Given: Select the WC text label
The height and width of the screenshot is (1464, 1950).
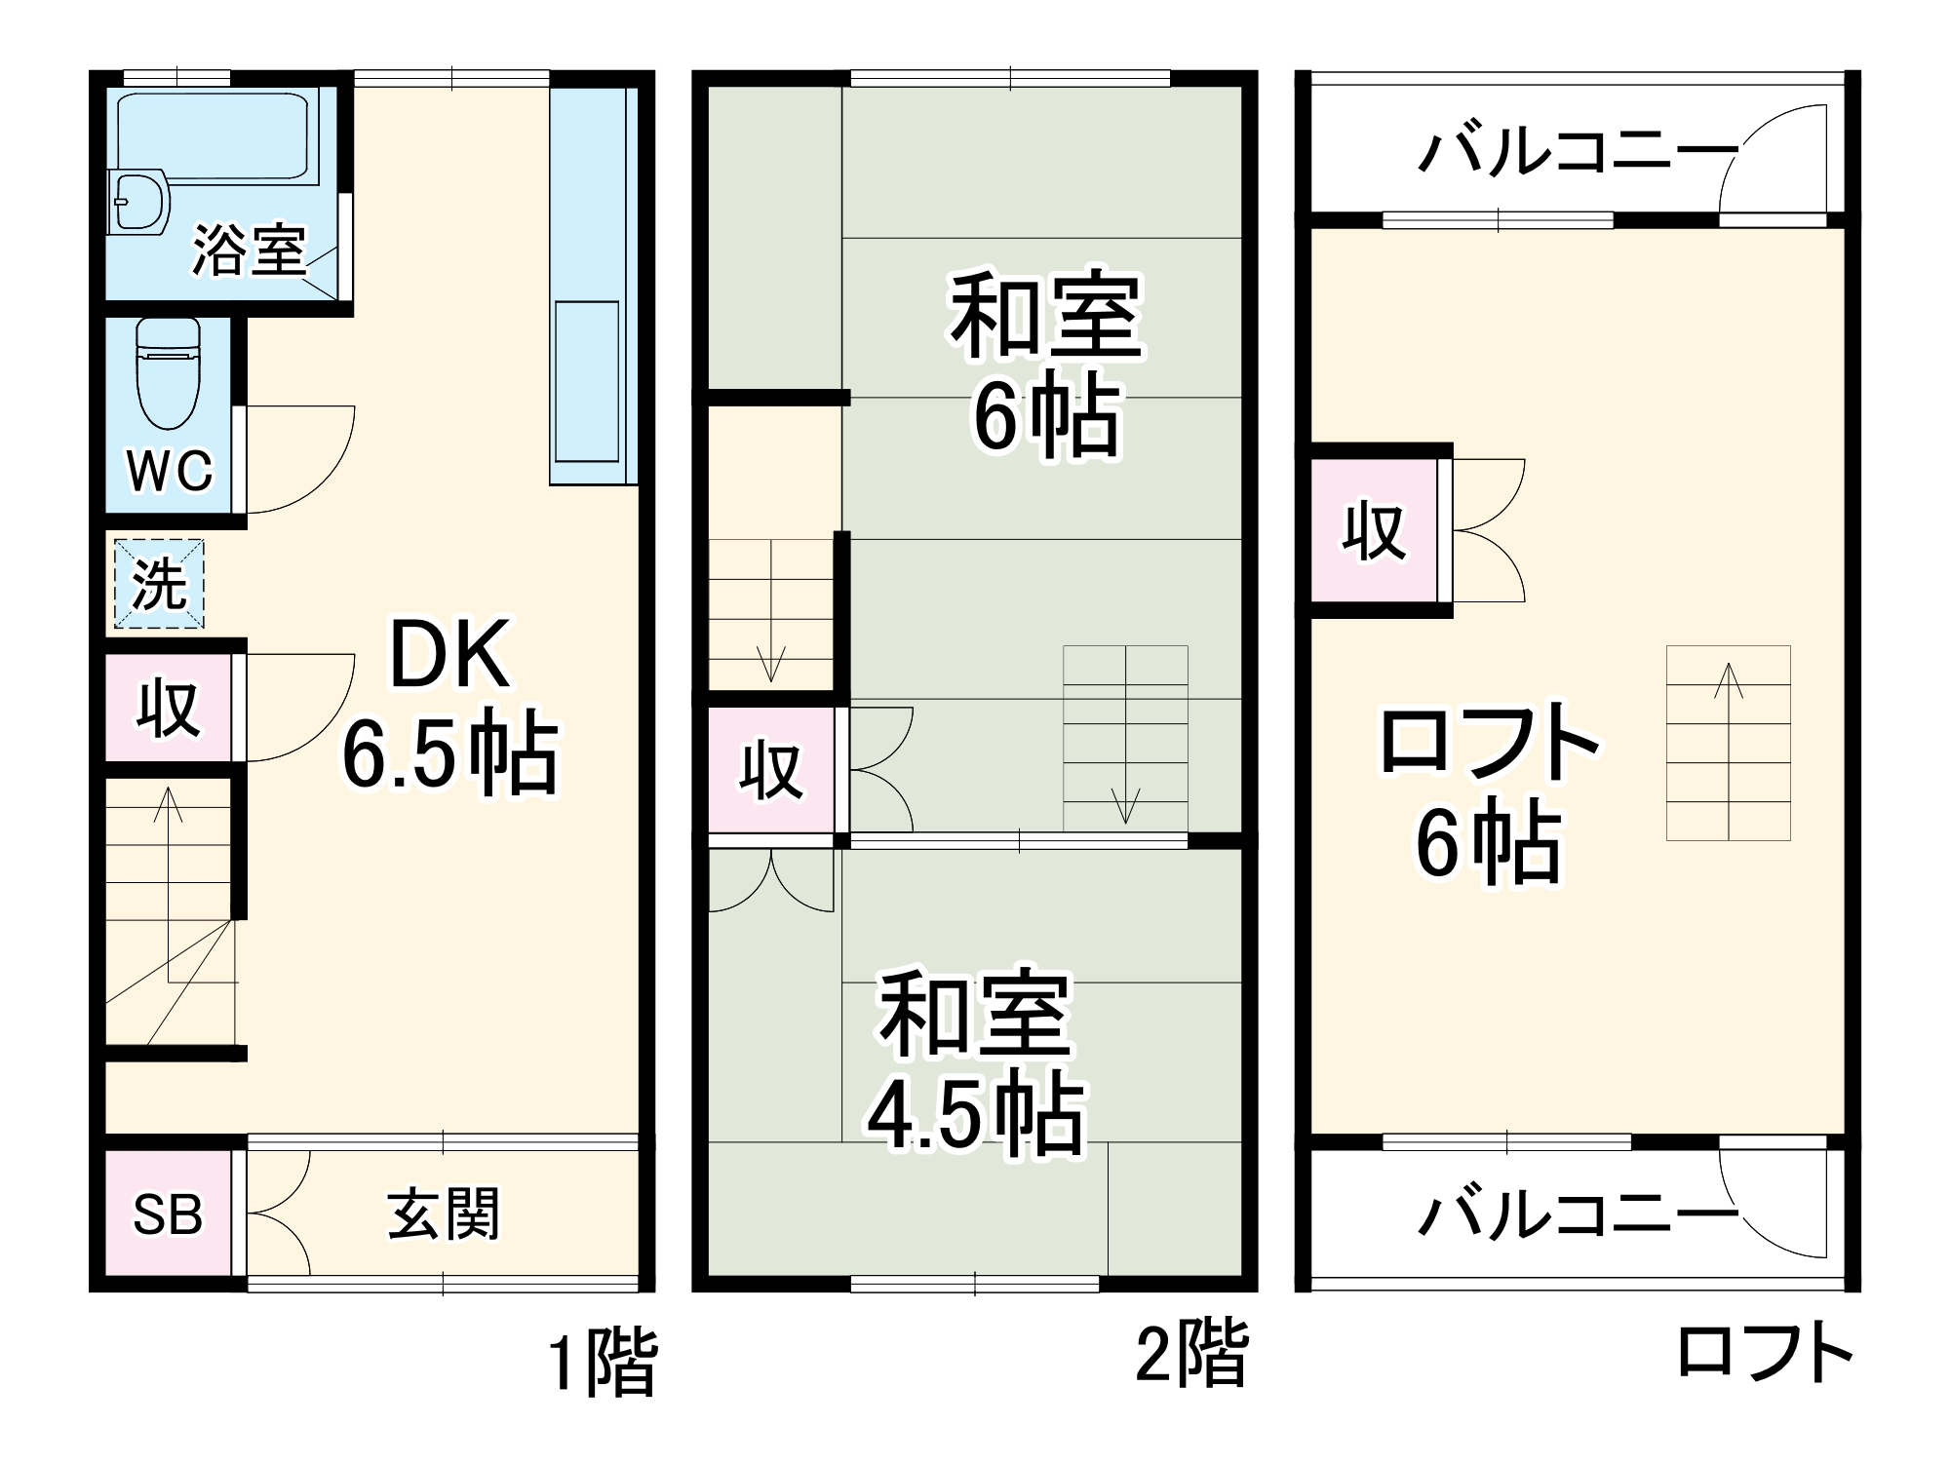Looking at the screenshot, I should [170, 471].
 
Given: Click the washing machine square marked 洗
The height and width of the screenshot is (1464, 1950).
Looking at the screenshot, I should [159, 584].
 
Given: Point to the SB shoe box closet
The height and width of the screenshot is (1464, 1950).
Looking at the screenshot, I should [168, 1214].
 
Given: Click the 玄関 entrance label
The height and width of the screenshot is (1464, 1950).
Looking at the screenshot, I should [444, 1214].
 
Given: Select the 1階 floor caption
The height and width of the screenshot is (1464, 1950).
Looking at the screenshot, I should [602, 1362].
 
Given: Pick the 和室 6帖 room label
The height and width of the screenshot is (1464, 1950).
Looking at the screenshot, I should [1046, 366].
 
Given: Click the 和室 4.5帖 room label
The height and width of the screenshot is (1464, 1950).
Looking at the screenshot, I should [975, 1062].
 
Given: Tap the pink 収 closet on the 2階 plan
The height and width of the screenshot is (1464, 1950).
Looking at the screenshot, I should [771, 770].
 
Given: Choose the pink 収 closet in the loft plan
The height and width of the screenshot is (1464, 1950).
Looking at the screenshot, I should [1374, 531].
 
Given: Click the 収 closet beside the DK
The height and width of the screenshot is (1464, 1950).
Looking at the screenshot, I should [169, 707].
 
